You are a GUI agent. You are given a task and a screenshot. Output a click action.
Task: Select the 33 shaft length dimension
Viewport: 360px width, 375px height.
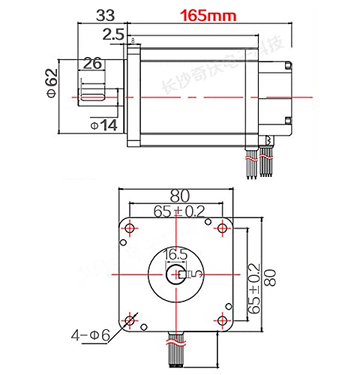tap(107, 14)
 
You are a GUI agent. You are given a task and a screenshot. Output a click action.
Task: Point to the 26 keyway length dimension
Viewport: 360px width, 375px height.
tap(92, 64)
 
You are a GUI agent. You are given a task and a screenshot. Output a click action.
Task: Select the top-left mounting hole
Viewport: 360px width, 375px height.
tap(130, 227)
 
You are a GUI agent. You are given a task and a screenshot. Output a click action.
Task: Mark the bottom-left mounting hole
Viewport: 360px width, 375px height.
tap(130, 321)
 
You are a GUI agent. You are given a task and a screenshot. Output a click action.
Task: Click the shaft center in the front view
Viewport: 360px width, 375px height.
tap(178, 274)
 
